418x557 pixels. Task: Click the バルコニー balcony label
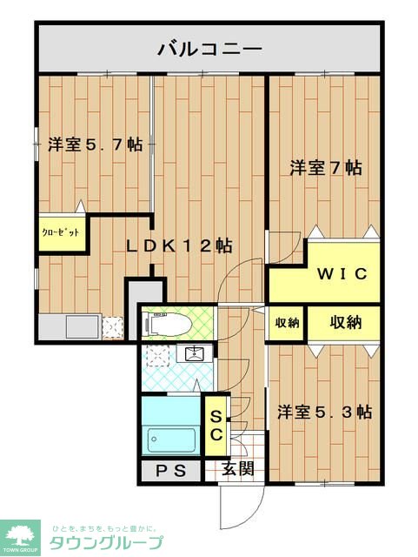(x=209, y=49)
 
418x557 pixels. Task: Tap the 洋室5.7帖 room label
(x=96, y=144)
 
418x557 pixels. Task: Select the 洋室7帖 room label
(x=326, y=168)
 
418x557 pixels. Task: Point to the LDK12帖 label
(x=180, y=245)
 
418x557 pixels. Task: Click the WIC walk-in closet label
(x=342, y=273)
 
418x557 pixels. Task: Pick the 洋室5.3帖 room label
(x=325, y=412)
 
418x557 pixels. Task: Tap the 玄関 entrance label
(x=238, y=469)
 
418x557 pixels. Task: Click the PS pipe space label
(x=171, y=471)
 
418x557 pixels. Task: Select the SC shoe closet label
(x=216, y=426)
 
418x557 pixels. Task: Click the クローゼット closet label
(x=61, y=232)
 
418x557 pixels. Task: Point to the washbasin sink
(x=195, y=352)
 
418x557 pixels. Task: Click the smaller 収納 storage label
(x=287, y=322)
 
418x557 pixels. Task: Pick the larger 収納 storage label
(x=346, y=322)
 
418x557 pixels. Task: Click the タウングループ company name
(x=106, y=542)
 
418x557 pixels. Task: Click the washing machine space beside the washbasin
(x=157, y=355)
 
